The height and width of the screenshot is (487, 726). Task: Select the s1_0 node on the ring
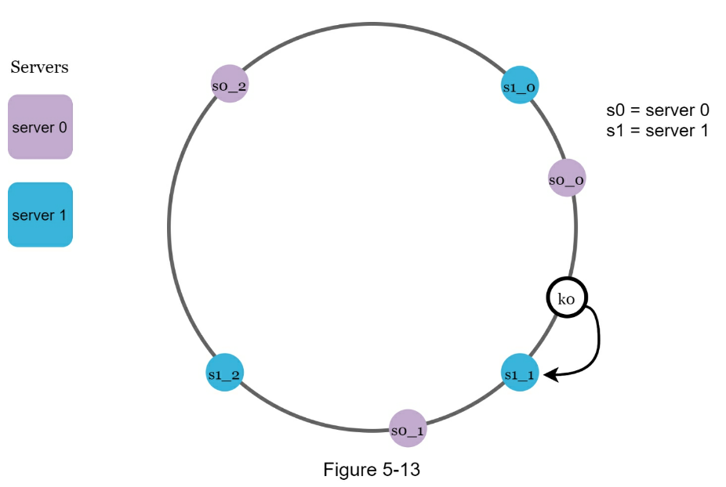point(520,85)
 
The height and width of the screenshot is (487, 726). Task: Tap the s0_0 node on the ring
point(566,179)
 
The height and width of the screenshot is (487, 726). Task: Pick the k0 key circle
point(566,298)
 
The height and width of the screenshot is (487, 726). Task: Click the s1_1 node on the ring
point(519,373)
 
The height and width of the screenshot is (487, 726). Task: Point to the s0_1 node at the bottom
point(408,429)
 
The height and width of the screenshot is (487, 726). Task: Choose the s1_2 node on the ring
point(224,373)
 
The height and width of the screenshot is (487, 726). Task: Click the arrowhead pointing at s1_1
point(550,375)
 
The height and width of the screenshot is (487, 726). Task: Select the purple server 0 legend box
point(40,127)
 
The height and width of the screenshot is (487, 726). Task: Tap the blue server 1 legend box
point(40,215)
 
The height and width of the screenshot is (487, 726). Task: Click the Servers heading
point(39,67)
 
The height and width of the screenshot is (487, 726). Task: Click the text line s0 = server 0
point(657,110)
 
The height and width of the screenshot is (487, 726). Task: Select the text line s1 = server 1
point(657,130)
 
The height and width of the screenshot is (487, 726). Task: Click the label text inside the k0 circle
point(566,298)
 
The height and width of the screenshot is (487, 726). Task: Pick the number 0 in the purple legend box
point(63,127)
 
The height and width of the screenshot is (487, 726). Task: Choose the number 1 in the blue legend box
point(63,215)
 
